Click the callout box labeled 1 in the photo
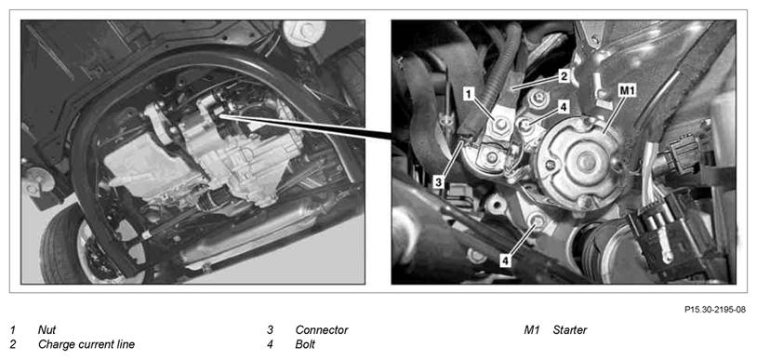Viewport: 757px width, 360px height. (x=468, y=94)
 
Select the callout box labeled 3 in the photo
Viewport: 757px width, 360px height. (x=438, y=181)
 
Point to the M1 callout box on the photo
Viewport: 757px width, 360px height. (x=627, y=89)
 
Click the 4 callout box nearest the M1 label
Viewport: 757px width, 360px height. (x=562, y=107)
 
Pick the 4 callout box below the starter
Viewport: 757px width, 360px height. (x=505, y=261)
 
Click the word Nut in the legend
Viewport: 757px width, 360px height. (x=46, y=330)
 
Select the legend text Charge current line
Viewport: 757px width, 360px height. (x=86, y=344)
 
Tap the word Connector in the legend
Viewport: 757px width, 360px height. (x=322, y=330)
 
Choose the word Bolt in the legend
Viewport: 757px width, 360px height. (x=305, y=344)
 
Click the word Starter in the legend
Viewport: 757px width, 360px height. (x=570, y=330)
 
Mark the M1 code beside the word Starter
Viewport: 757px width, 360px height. (x=532, y=330)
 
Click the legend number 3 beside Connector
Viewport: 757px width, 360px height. (x=271, y=330)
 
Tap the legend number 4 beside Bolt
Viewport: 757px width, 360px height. (x=271, y=344)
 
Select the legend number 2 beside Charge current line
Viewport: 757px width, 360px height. (x=12, y=344)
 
